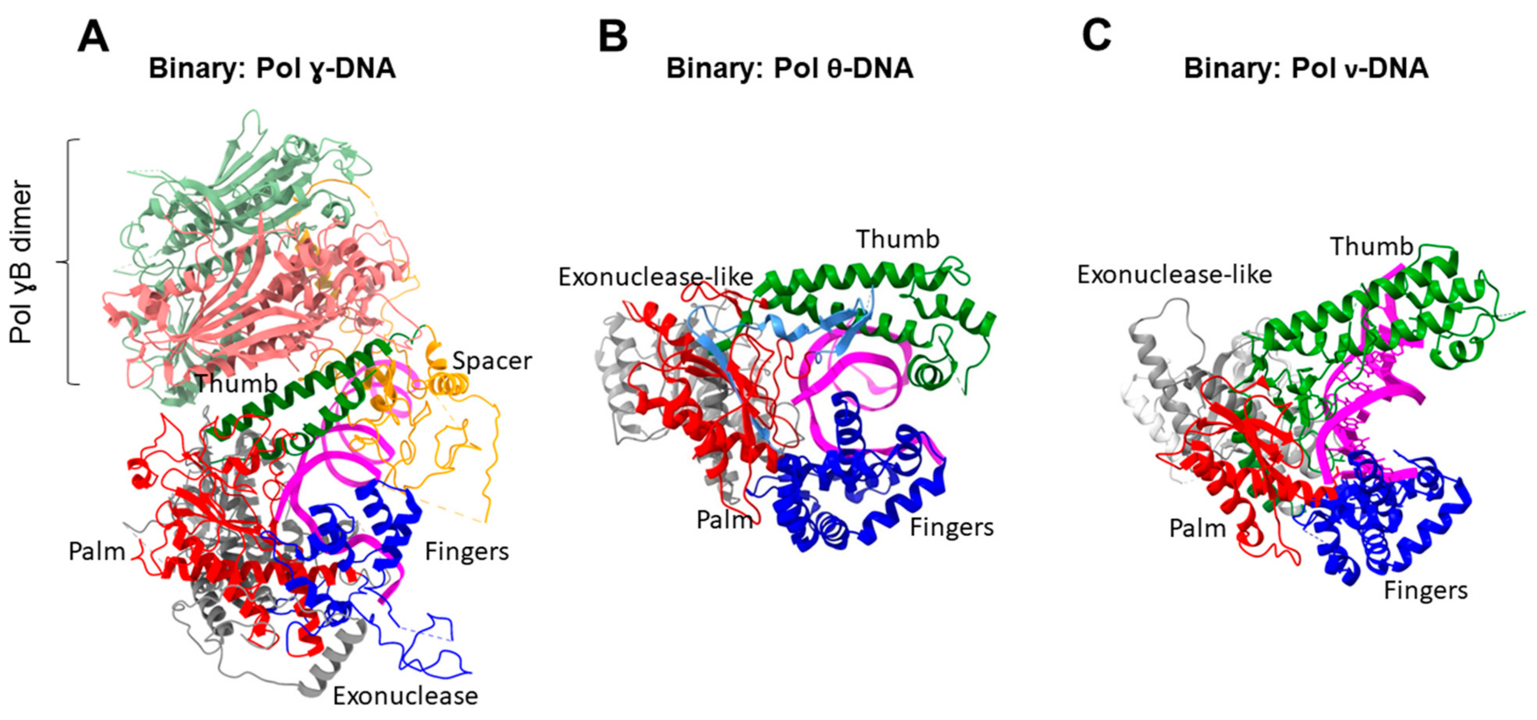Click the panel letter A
93,37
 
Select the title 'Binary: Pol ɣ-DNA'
272,69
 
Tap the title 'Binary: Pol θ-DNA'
789,69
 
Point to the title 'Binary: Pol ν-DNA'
1306,69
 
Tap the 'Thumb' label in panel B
897,239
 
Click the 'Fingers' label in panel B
952,528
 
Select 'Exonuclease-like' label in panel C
1174,275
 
